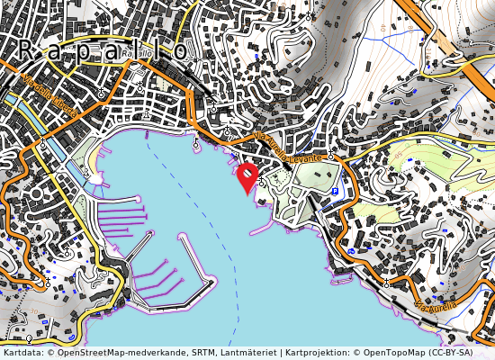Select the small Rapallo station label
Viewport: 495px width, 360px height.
pos(135,54)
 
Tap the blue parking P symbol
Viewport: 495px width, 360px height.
pos(336,192)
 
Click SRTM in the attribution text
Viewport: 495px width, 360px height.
pos(203,353)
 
